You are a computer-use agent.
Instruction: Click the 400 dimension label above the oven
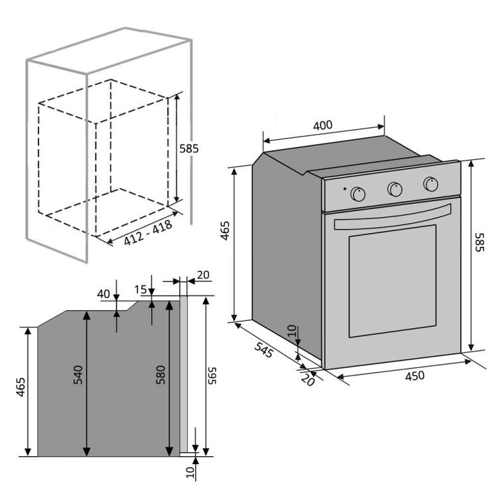[323, 125]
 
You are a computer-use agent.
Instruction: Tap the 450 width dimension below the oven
[415, 376]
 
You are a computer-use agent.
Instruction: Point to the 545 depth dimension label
[264, 349]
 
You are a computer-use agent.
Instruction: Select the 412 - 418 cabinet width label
[148, 232]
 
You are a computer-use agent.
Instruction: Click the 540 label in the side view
[78, 375]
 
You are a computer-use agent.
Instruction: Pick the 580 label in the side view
[161, 375]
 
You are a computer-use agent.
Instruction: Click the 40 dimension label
[104, 294]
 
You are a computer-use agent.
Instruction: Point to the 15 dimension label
[140, 290]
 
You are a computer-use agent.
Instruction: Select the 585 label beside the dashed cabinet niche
[189, 148]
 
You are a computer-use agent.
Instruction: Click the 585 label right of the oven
[479, 242]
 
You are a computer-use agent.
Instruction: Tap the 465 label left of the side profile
[21, 387]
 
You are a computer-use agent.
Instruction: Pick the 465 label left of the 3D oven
[225, 230]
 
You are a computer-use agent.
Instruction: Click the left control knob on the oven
[358, 194]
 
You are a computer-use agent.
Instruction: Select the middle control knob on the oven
[395, 189]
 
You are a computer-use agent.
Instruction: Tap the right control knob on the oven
[431, 184]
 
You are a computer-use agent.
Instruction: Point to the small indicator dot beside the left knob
[345, 189]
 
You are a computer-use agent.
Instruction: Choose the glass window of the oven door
[392, 281]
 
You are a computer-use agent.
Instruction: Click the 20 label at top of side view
[203, 275]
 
